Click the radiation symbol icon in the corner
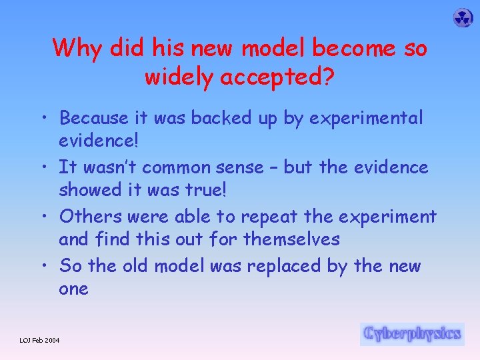click(463, 18)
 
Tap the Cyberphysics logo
click(411, 333)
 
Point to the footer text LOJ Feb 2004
click(39, 341)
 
